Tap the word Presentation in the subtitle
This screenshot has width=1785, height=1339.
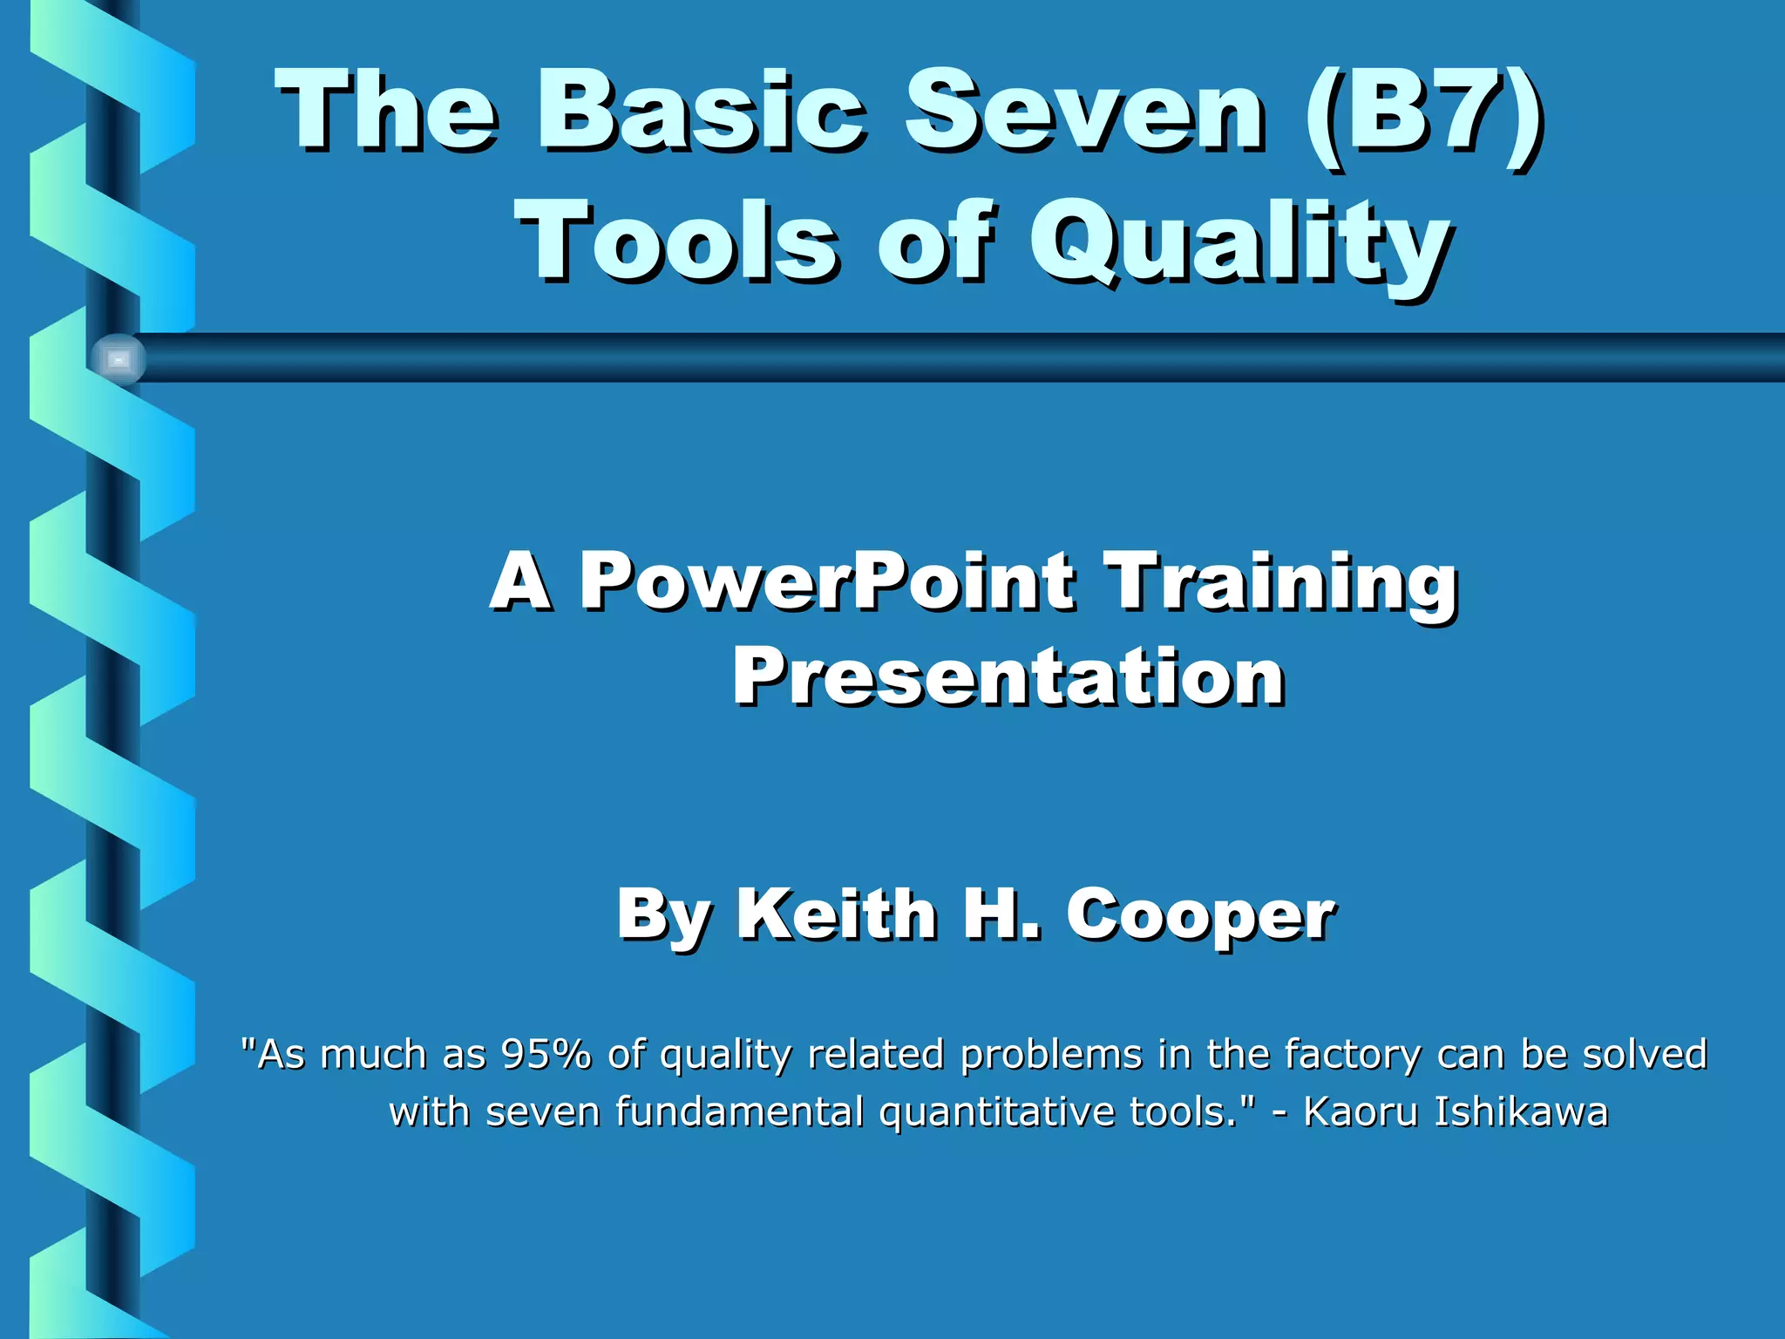pyautogui.click(x=1008, y=677)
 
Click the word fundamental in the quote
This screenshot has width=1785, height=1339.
pyautogui.click(x=739, y=1112)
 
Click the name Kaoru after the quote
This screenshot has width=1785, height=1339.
pyautogui.click(x=1361, y=1111)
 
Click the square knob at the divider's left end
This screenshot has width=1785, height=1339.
pyautogui.click(x=119, y=359)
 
